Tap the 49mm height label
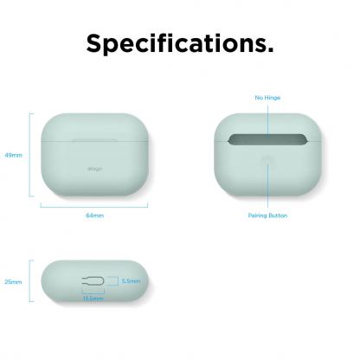13,155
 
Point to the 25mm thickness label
13,282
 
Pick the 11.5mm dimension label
92,299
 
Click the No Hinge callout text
268,99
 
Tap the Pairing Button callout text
268,215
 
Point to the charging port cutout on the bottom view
93,281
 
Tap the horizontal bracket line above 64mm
94,205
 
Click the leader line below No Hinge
268,117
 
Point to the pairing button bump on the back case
268,162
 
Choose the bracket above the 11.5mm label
92,292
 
